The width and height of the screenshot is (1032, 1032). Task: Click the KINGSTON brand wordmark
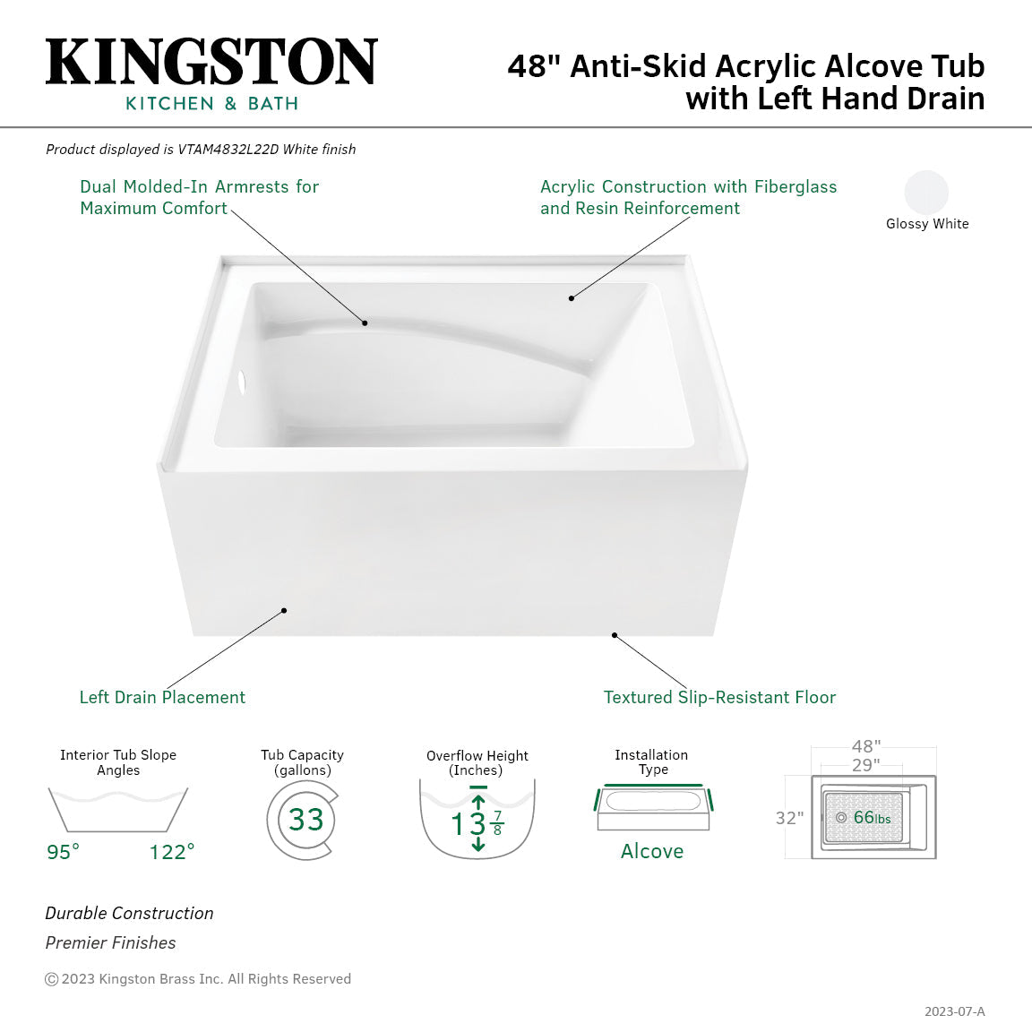click(x=211, y=62)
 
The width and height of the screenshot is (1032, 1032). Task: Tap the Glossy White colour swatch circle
click(x=926, y=192)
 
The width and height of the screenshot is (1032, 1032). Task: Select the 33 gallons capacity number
click(x=305, y=820)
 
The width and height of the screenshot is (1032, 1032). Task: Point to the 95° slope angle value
click(x=64, y=852)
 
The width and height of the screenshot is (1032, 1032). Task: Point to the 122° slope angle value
click(x=172, y=852)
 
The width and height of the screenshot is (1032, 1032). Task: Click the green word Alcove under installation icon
click(x=652, y=851)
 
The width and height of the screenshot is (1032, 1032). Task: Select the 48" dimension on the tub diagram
click(x=866, y=746)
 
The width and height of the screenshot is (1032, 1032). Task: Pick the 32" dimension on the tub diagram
click(x=789, y=818)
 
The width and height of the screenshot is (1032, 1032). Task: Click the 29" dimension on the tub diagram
click(x=865, y=766)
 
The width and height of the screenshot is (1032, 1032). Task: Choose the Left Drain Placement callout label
click(x=162, y=697)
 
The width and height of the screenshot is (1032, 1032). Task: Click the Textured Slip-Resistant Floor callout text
click(x=719, y=697)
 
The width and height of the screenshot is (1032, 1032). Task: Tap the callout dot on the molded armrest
click(x=365, y=322)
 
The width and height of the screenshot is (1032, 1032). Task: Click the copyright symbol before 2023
click(x=52, y=979)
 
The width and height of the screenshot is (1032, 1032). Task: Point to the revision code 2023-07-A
click(x=954, y=1011)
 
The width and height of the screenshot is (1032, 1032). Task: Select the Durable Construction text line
click(x=130, y=913)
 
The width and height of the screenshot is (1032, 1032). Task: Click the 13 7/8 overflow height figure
click(x=477, y=823)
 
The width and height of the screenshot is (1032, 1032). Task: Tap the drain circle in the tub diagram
click(x=840, y=818)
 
